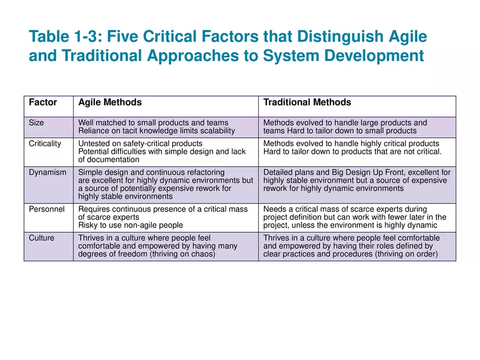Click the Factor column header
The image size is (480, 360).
tap(43, 103)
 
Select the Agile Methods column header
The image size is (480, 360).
tap(110, 103)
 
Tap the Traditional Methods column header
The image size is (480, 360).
tap(307, 103)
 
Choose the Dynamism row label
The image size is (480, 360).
tap(47, 172)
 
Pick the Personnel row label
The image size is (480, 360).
tap(47, 209)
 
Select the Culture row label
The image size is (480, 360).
tap(41, 238)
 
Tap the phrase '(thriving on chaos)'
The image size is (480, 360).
tap(181, 254)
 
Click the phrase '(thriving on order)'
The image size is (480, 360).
tap(404, 254)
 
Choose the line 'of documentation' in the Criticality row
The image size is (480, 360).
tap(109, 160)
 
